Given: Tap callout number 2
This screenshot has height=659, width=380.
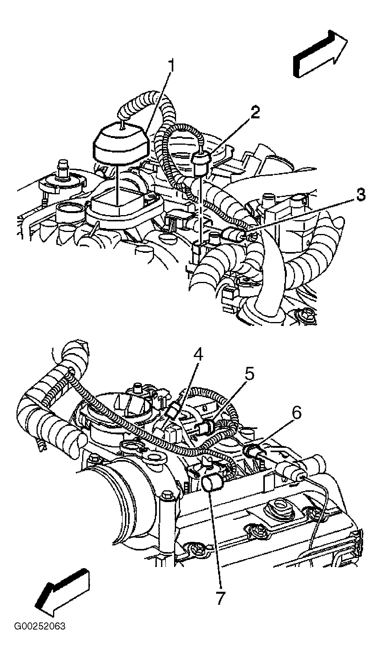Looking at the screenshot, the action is click(x=255, y=112).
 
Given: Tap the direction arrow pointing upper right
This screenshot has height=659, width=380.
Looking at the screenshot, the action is click(x=321, y=54).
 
